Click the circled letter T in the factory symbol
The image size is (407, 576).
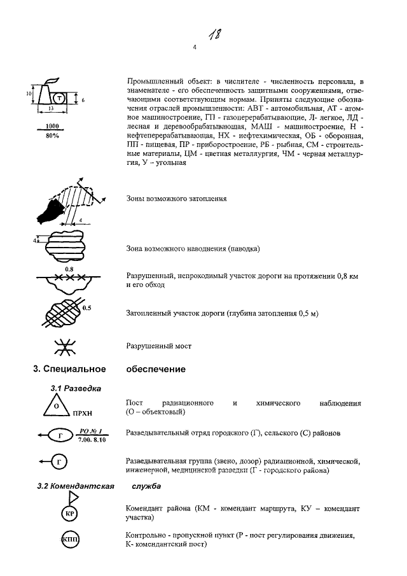click(59, 99)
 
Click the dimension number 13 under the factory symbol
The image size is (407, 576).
click(50, 109)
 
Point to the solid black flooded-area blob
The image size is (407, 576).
click(51, 209)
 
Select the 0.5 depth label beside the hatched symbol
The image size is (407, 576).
click(87, 308)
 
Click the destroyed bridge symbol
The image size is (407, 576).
click(64, 347)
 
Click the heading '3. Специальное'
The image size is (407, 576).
click(69, 369)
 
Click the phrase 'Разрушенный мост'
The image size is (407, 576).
click(159, 347)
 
